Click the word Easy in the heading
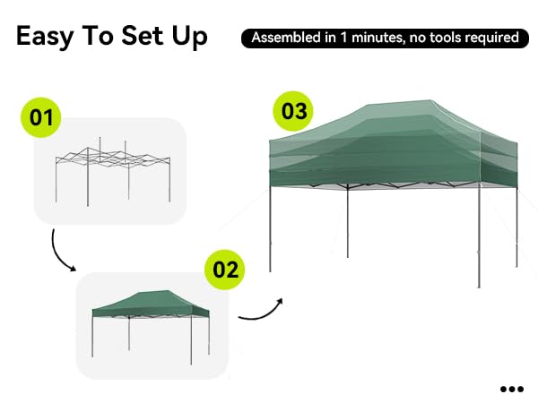pos(45,37)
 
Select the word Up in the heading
pos(190,37)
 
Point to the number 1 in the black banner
pos(343,38)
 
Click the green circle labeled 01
pos(41,117)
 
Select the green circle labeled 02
pos(225,270)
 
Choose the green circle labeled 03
pos(293,111)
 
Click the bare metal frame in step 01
pos(113,171)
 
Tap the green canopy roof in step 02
pos(151,304)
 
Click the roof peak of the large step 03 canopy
pos(430,100)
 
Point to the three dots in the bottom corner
pos(512,389)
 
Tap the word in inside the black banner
pos(331,38)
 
